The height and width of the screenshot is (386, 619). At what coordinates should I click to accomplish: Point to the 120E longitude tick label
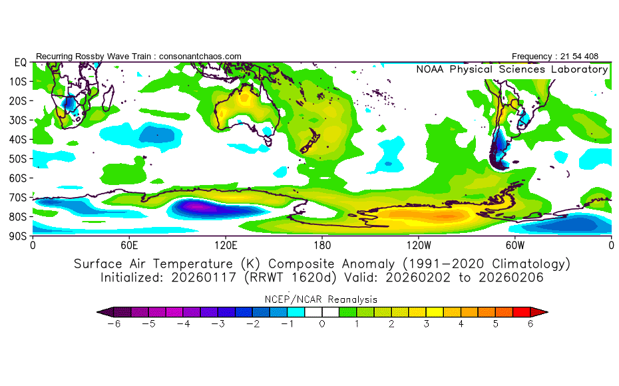pyautogui.click(x=225, y=244)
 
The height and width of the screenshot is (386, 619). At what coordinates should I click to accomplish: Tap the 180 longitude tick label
pyautogui.click(x=322, y=244)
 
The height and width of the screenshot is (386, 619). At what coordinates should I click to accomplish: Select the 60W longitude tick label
pyautogui.click(x=515, y=244)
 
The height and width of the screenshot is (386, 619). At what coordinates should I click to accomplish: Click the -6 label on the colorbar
pyautogui.click(x=114, y=324)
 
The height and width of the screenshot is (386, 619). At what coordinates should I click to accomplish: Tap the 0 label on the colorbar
pyautogui.click(x=322, y=324)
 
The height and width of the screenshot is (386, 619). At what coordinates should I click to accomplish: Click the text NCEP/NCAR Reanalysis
pyautogui.click(x=322, y=299)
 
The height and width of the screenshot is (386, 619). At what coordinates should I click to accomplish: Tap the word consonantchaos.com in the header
pyautogui.click(x=200, y=57)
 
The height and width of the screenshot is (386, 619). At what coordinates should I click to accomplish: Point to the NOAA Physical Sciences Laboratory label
pyautogui.click(x=512, y=69)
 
